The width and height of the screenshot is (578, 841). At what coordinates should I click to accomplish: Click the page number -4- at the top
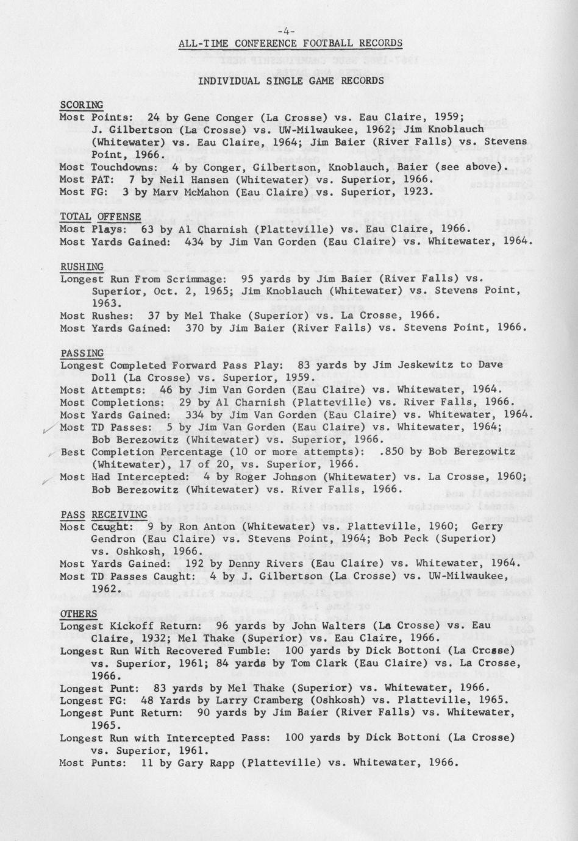286,30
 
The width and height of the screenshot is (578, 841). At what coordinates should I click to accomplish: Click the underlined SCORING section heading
81,105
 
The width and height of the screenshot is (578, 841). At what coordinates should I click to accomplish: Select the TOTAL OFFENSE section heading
100,216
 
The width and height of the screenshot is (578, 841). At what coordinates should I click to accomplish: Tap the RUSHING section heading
82,266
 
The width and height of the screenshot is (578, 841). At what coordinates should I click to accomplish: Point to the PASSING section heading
82,353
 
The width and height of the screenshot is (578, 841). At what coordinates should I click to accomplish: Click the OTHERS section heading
78,613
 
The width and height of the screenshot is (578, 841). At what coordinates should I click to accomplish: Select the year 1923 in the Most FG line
420,191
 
